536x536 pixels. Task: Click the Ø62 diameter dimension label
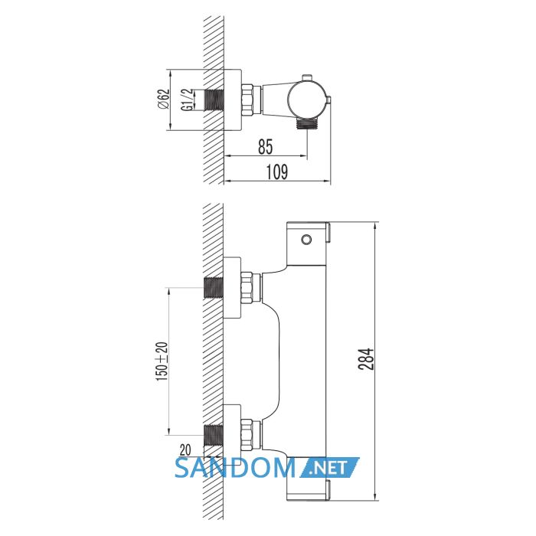pos(164,99)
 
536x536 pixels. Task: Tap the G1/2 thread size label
pos(187,100)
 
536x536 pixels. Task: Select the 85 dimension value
pos(266,146)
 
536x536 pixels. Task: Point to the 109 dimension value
pos(277,172)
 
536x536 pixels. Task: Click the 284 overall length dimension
pos(366,359)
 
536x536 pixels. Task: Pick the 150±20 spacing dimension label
pos(162,361)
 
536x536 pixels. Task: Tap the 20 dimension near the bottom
pos(185,450)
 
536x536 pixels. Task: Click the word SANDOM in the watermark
pos(235,468)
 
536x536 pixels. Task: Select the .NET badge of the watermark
pos(330,468)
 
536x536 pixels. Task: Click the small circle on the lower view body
pos(306,240)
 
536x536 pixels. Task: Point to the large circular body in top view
pos(306,100)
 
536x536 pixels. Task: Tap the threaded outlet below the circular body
pos(307,123)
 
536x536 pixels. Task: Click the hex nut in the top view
pos(247,100)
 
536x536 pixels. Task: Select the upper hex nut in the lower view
pos(247,287)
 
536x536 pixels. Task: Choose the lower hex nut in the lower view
pos(247,435)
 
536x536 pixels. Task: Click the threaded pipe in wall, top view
pos(214,100)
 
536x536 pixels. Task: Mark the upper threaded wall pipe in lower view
pos(214,288)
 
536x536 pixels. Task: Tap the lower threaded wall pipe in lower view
pos(214,435)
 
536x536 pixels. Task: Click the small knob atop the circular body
pos(306,77)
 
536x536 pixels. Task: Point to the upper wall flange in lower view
pos(232,287)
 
